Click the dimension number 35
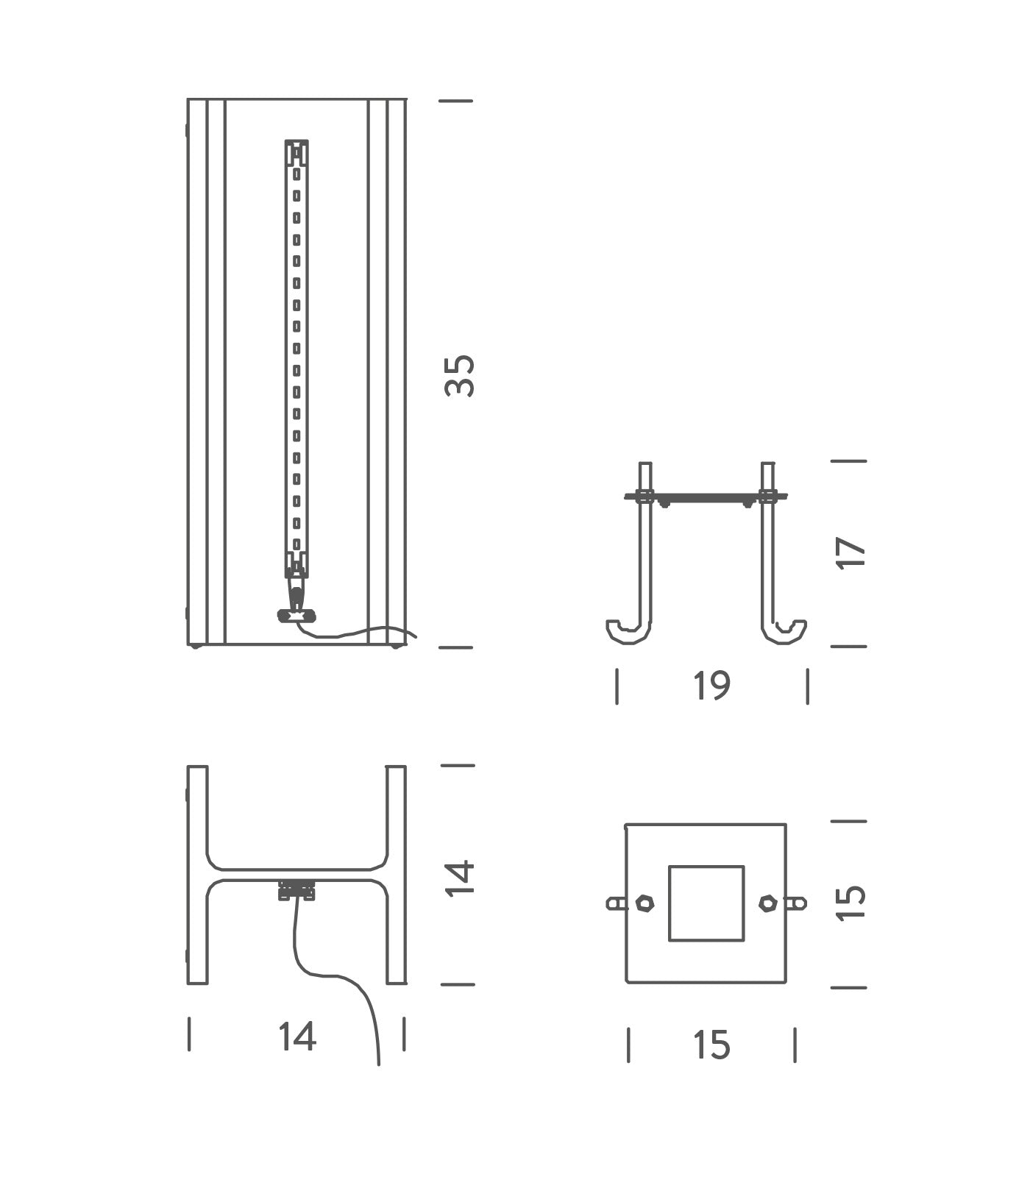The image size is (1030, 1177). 460,376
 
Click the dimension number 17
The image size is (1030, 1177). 851,552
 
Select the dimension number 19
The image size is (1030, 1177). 711,686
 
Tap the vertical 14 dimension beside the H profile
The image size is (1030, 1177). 460,877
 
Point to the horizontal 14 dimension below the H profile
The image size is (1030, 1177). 296,1036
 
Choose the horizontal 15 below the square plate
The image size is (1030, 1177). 711,1045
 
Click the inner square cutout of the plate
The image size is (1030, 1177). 706,903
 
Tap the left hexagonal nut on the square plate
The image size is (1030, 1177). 644,903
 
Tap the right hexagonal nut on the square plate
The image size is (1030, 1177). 767,903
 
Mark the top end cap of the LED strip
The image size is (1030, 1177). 296,152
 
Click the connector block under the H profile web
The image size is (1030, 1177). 296,890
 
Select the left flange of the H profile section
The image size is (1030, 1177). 197,875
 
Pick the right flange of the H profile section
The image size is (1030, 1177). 396,875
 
